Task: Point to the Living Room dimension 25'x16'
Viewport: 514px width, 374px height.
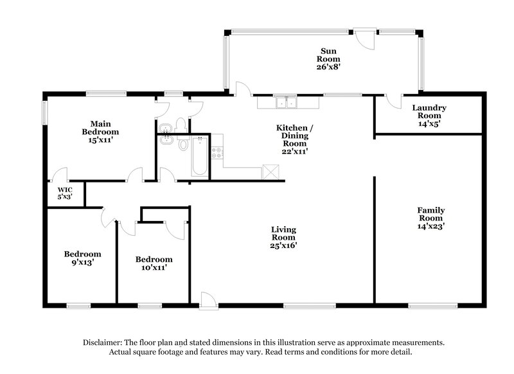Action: click(x=283, y=245)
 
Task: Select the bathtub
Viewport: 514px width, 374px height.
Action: click(x=199, y=157)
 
